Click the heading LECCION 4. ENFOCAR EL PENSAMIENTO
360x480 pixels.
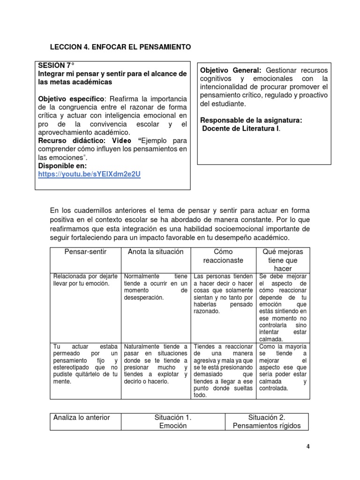120,47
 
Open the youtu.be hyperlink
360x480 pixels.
90,174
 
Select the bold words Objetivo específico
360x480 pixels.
72,99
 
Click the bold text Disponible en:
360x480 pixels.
62,166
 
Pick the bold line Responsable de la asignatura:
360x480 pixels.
251,120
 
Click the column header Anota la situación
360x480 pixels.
156,252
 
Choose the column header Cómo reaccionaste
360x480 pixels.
223,256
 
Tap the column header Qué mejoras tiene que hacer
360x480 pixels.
283,260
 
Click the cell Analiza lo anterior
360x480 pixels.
82,417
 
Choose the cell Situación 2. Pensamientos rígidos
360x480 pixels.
267,421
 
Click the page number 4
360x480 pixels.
308,446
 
